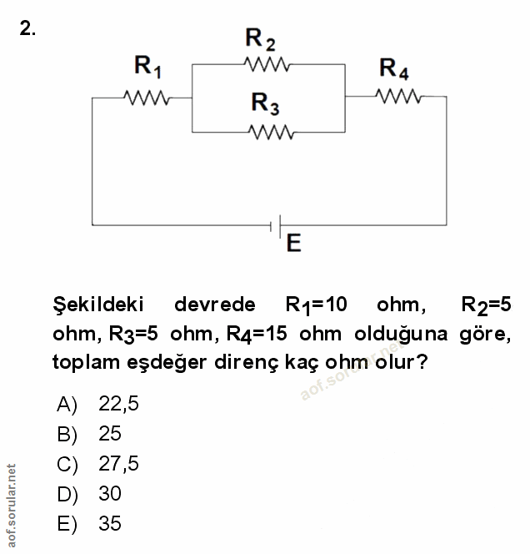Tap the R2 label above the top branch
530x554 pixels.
tap(261, 38)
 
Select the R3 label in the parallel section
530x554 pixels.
tap(265, 103)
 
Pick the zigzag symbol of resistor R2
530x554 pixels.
tap(267, 64)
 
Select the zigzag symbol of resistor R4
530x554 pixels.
tap(399, 96)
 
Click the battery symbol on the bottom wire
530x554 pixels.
tap(275, 224)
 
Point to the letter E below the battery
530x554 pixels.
tap(292, 244)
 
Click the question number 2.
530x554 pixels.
tap(27, 29)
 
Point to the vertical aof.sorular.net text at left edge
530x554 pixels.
tap(10, 499)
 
